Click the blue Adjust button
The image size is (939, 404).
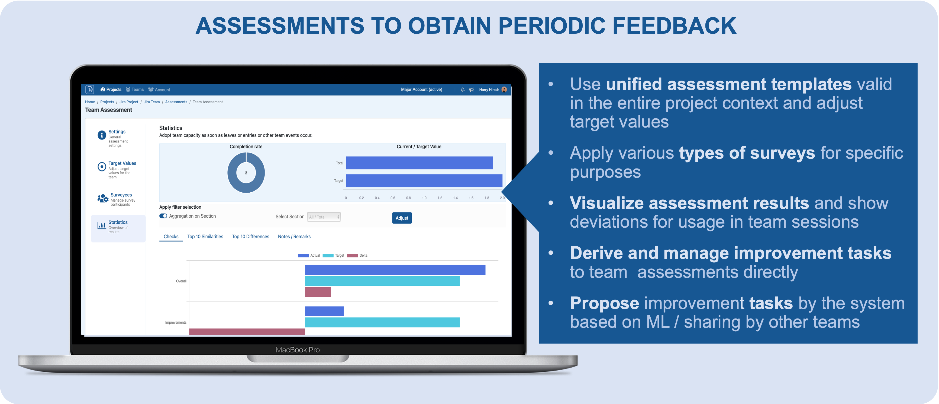tap(402, 218)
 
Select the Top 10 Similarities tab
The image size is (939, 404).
tap(205, 237)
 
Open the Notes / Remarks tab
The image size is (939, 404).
tap(294, 237)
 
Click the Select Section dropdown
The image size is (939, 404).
tap(324, 217)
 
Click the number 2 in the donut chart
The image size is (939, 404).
tap(246, 173)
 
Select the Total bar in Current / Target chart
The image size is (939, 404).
tap(419, 163)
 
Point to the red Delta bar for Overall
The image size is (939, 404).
tap(318, 292)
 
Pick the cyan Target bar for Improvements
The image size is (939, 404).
tap(382, 322)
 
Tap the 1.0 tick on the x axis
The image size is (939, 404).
tap(424, 198)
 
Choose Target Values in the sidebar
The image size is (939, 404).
tap(122, 163)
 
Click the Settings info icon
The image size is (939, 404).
tap(102, 135)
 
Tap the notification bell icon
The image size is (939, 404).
tap(463, 90)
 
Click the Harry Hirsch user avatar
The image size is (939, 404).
tap(504, 90)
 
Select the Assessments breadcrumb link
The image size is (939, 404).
tap(176, 102)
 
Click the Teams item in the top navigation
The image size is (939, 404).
tap(135, 90)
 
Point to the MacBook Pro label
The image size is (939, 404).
tap(298, 350)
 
